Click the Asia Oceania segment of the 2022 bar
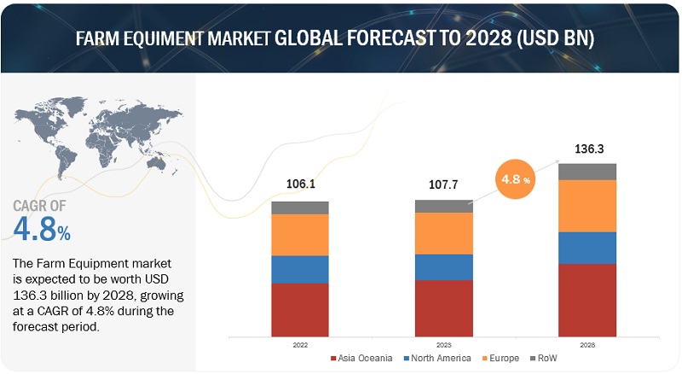tap(300, 308)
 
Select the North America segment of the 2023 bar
tap(443, 266)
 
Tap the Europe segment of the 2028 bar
tap(587, 205)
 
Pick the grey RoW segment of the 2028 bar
tap(587, 172)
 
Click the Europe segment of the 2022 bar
tap(300, 234)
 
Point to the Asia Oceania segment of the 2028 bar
tap(587, 299)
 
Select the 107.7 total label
tap(443, 184)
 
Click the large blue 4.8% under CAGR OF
tap(43, 228)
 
